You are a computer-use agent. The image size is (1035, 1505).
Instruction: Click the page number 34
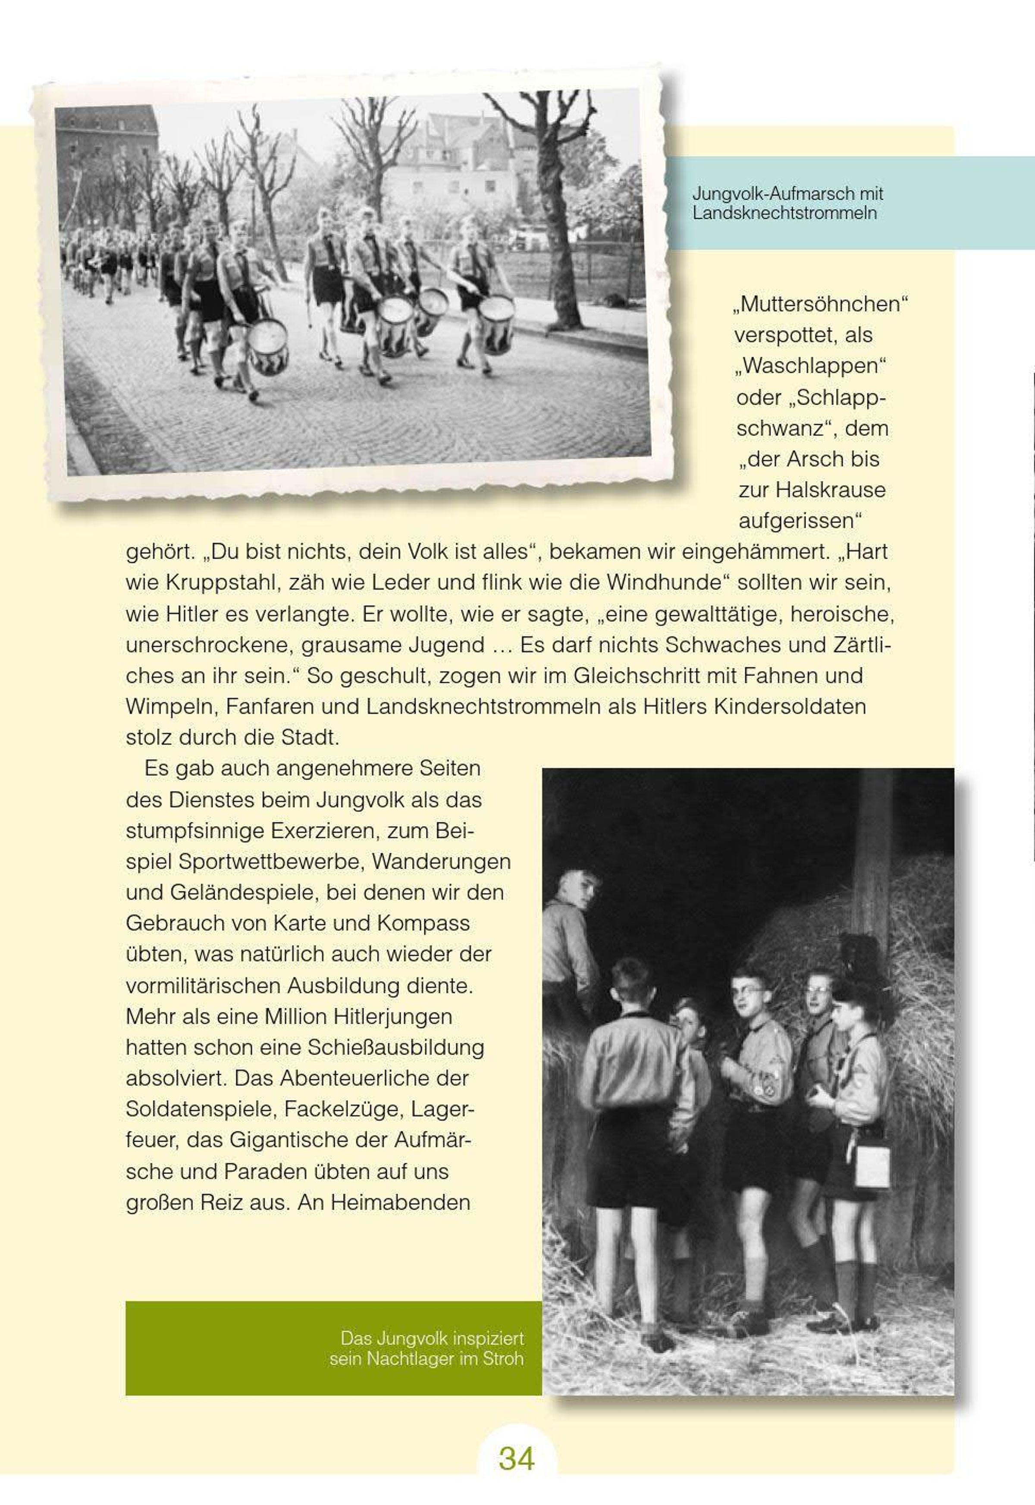point(516,1458)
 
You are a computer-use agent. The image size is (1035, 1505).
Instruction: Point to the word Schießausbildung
point(395,1047)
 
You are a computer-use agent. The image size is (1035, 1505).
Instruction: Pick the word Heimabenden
point(400,1202)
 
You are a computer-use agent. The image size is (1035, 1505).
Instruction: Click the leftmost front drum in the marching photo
point(268,347)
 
